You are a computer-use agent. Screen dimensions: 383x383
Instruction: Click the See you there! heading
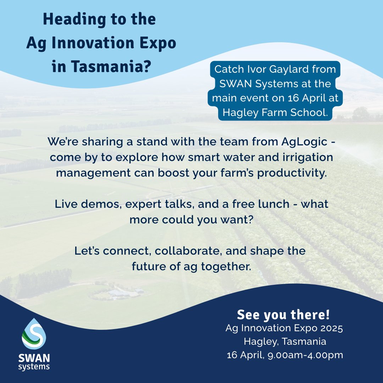point(283,314)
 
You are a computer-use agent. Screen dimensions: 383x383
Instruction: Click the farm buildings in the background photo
point(120,293)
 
